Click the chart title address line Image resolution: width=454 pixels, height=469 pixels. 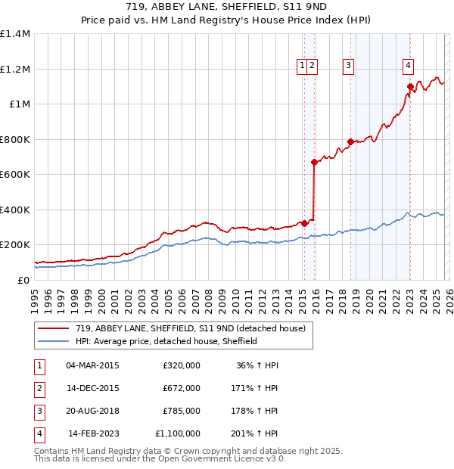coord(227,8)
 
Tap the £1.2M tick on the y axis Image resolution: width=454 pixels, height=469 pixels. coord(14,69)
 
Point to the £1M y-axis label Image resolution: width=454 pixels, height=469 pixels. coord(18,104)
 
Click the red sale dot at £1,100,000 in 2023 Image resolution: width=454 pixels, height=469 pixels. coord(410,87)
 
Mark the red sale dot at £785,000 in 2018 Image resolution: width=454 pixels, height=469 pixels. coord(350,141)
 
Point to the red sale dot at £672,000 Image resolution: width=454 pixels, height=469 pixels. coord(314,162)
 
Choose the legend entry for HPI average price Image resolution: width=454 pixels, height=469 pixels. coord(166,341)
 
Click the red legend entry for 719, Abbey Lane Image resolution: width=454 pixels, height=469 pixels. coord(189,328)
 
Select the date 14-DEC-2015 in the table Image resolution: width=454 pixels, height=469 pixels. coord(92,388)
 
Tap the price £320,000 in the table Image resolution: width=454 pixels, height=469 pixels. coord(182,365)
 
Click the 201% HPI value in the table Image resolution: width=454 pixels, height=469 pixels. coord(258,433)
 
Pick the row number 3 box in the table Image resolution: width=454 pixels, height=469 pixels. coord(37,411)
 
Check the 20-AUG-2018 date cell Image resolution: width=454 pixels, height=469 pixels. coord(92,411)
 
